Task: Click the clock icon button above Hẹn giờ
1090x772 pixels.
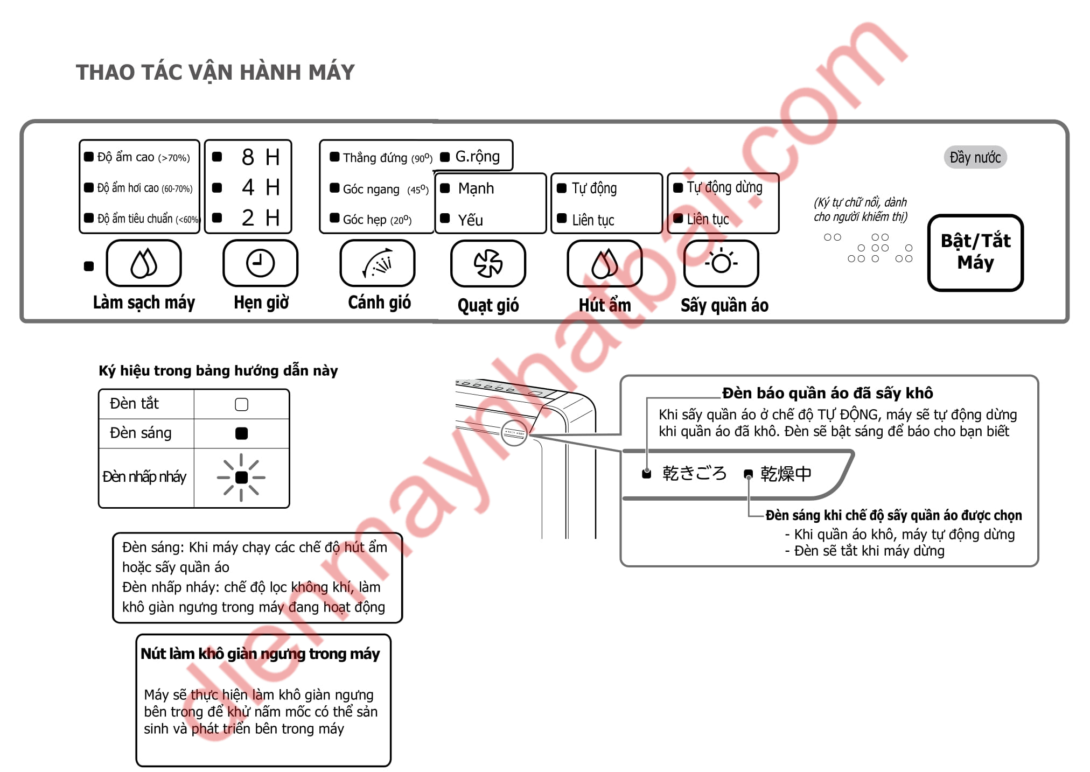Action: point(260,263)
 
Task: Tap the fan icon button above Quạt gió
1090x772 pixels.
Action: point(488,263)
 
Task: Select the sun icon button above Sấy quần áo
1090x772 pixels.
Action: point(721,263)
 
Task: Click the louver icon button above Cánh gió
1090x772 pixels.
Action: point(377,263)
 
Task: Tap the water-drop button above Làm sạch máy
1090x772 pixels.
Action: point(144,263)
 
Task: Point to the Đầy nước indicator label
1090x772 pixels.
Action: point(975,157)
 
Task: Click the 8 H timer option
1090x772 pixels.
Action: point(261,157)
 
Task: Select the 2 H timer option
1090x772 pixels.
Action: point(261,218)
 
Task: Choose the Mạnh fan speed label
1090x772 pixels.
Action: point(476,188)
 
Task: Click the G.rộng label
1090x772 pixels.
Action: point(478,157)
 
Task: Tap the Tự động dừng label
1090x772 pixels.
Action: point(725,187)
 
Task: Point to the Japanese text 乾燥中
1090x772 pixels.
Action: point(786,474)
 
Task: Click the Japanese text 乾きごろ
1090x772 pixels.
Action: point(694,473)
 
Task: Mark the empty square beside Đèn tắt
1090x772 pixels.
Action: point(241,404)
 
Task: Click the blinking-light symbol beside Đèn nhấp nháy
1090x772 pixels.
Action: point(241,478)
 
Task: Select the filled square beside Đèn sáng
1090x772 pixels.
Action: point(241,433)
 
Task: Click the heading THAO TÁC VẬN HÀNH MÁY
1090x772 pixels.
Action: point(215,72)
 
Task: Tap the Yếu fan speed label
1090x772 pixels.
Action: point(470,220)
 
